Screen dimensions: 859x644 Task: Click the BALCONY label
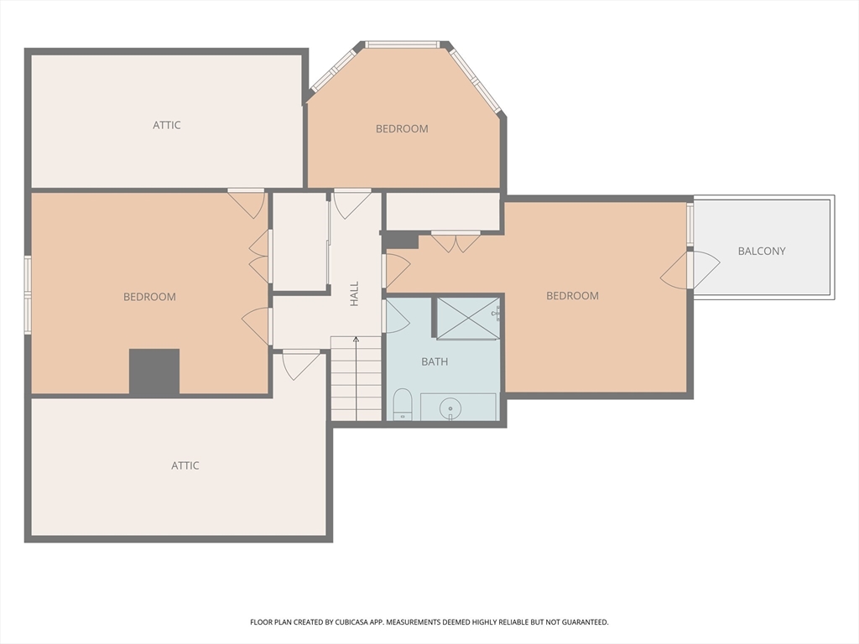click(762, 252)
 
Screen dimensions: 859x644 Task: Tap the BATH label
click(435, 362)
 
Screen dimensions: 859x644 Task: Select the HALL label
click(355, 294)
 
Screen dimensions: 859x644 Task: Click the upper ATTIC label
click(167, 125)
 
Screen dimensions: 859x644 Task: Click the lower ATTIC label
click(185, 465)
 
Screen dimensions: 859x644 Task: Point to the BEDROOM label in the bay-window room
click(402, 128)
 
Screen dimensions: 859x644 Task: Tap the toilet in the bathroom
click(403, 404)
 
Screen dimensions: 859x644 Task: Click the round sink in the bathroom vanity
click(450, 408)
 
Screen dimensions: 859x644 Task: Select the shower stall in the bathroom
click(468, 318)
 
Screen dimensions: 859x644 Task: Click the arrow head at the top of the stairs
click(356, 339)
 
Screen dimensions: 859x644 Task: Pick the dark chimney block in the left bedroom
click(154, 371)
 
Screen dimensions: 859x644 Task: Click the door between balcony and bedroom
click(690, 269)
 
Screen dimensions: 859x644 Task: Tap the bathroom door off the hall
click(396, 316)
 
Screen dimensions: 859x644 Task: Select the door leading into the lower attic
click(301, 365)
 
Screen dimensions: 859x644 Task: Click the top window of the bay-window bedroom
click(403, 44)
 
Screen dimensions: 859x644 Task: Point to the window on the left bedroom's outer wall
click(28, 295)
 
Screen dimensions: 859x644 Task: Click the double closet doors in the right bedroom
click(456, 241)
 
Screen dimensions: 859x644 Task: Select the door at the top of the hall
click(352, 204)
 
